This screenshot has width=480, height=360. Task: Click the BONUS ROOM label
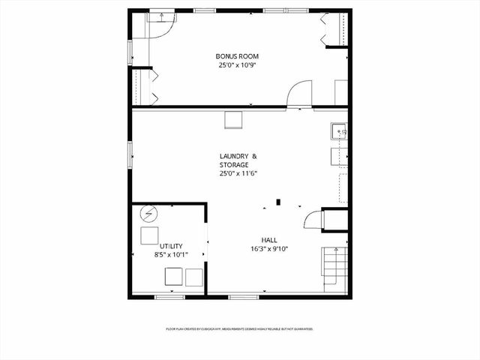pos(237,56)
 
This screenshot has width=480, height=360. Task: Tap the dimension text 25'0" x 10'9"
pos(237,65)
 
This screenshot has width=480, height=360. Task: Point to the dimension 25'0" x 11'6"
pos(238,173)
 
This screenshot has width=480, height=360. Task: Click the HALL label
pos(268,240)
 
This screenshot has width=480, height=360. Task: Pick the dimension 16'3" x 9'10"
pos(268,249)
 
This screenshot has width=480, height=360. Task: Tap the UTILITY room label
pos(170,246)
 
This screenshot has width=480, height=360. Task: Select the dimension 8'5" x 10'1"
pos(170,255)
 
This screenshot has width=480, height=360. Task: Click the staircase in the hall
pos(335,271)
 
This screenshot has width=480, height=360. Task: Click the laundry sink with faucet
pos(338,132)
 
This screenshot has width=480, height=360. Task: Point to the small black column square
pos(278,201)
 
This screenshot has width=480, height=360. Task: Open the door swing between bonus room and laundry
pos(299,93)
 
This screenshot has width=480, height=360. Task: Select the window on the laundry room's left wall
pos(131,154)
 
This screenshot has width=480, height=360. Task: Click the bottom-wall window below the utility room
pos(169,297)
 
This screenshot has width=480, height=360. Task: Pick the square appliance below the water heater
pos(150,236)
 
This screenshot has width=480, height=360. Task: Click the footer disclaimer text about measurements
pos(239,328)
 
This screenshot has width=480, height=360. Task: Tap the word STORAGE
pos(233,164)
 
